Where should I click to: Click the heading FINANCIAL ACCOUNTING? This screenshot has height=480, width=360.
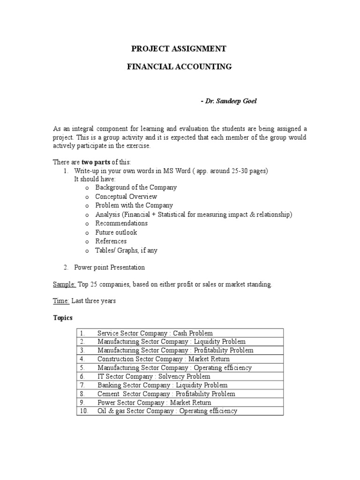click(180, 67)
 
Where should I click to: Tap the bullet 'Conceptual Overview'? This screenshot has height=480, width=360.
click(126, 196)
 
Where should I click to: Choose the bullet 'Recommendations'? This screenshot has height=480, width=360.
click(121, 223)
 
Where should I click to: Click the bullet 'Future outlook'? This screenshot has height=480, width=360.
click(116, 232)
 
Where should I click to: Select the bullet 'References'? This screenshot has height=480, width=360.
click(111, 241)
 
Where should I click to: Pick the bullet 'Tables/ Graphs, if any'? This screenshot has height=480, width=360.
click(126, 250)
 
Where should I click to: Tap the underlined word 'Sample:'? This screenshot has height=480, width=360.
click(64, 285)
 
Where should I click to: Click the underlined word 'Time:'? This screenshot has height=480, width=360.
click(61, 301)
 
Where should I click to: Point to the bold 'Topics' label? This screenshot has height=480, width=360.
click(62, 318)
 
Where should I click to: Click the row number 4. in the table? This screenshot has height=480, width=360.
click(82, 359)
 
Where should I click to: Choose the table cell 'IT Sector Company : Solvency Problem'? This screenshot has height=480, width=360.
click(154, 376)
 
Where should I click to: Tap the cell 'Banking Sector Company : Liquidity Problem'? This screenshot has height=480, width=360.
click(162, 385)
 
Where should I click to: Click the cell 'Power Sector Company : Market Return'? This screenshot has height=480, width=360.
click(154, 403)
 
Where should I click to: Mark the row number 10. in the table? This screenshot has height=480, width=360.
click(83, 411)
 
